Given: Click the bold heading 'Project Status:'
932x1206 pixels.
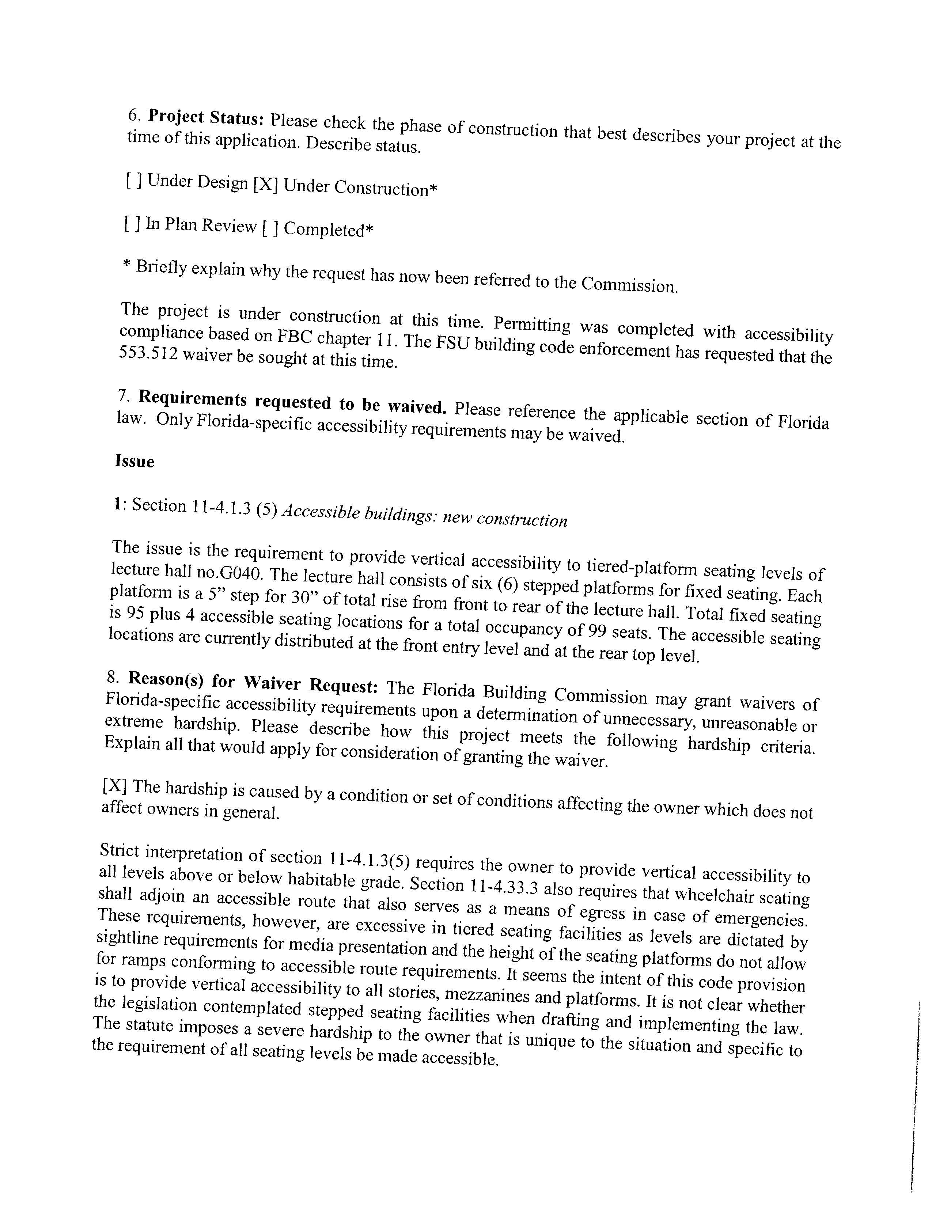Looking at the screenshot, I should [x=207, y=118].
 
